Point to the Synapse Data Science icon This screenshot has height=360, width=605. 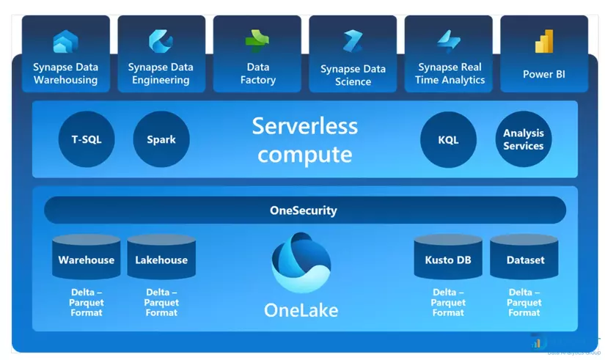click(x=353, y=41)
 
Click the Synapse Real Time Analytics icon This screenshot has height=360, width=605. click(x=449, y=40)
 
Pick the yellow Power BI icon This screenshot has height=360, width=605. click(x=544, y=43)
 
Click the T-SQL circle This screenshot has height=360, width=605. click(x=87, y=139)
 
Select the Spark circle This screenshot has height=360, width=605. click(x=161, y=139)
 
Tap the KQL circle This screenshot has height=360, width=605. click(x=448, y=139)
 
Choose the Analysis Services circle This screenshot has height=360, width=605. click(x=524, y=139)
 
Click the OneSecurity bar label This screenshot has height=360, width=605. click(x=304, y=210)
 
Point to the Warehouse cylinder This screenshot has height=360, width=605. click(x=87, y=258)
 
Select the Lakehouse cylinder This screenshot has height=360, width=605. click(x=161, y=258)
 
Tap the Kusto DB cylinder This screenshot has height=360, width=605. click(x=448, y=258)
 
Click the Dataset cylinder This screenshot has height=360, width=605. click(x=524, y=258)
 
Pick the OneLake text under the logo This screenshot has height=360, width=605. click(x=301, y=309)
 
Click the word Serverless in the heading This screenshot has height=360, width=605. click(x=305, y=126)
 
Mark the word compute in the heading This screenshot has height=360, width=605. click(x=305, y=154)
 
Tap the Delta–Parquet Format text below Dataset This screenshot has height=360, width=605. click(x=524, y=302)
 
